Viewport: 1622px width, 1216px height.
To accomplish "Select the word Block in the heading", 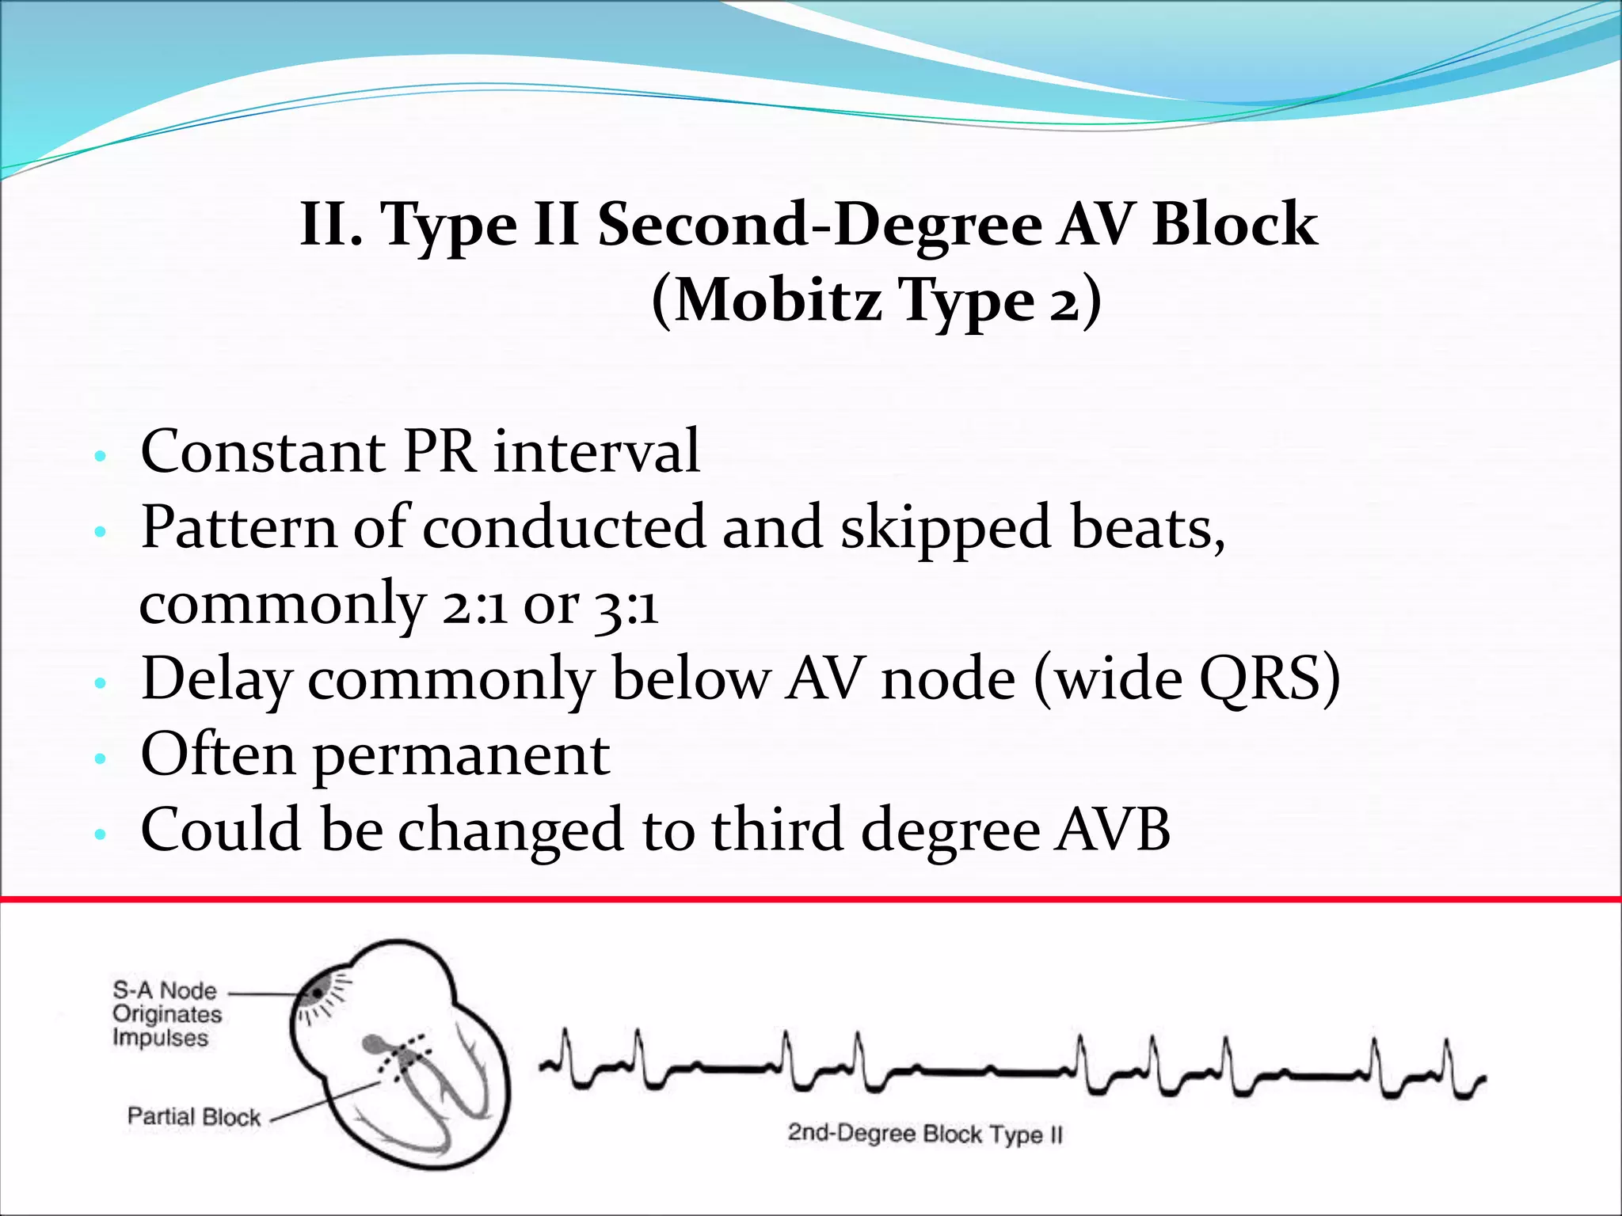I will [x=1235, y=225].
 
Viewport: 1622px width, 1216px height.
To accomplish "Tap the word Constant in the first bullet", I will [x=263, y=451].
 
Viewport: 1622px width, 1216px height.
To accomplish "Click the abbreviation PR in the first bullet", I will [x=440, y=451].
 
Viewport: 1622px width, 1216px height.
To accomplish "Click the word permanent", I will [x=462, y=756].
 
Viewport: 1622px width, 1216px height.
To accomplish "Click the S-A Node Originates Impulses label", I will [x=166, y=1014].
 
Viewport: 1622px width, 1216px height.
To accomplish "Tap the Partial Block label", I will [x=194, y=1117].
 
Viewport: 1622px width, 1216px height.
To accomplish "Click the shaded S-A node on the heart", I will [x=319, y=992].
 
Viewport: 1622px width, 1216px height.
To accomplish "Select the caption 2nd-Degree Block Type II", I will [x=924, y=1134].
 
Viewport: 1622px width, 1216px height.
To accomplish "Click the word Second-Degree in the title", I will [x=820, y=225].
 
